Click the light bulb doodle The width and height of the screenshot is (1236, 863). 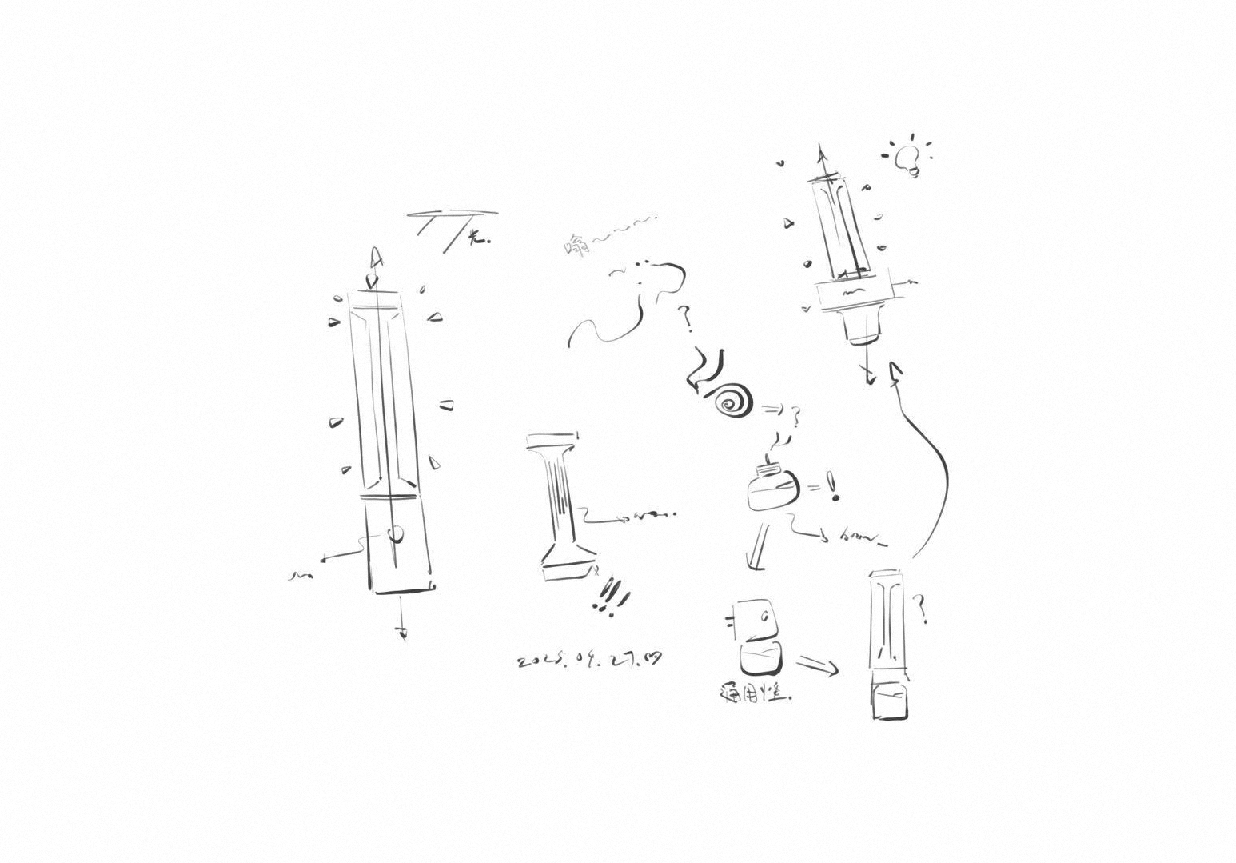point(907,158)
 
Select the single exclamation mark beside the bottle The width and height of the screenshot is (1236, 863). point(835,487)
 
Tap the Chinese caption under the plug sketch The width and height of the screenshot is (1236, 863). point(755,693)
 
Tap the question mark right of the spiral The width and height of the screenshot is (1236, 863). point(795,415)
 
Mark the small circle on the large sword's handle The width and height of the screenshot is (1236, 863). point(395,533)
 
